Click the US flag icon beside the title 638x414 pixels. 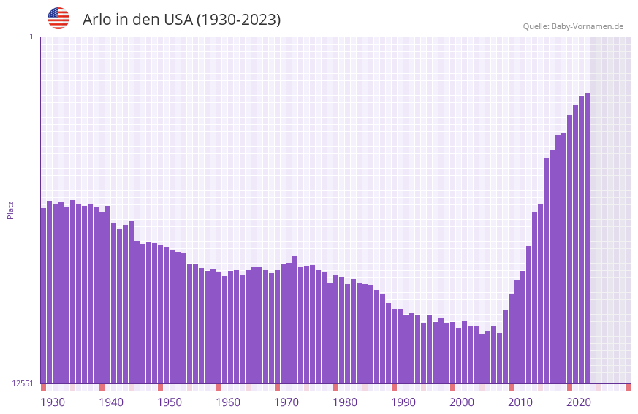tap(58, 18)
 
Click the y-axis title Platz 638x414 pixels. tap(10, 210)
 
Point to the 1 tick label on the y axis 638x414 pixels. tap(31, 37)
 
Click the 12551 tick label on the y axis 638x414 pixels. tap(23, 383)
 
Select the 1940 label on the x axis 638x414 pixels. tap(111, 402)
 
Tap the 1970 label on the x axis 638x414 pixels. tap(286, 402)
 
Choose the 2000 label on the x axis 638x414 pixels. tap(462, 402)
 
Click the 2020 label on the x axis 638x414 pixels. tap(579, 402)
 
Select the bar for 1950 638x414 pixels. tap(160, 314)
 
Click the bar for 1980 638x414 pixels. tap(335, 329)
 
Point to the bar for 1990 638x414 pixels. tap(394, 346)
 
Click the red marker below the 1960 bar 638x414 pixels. tap(219, 387)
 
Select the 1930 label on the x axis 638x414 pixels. tap(53, 402)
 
